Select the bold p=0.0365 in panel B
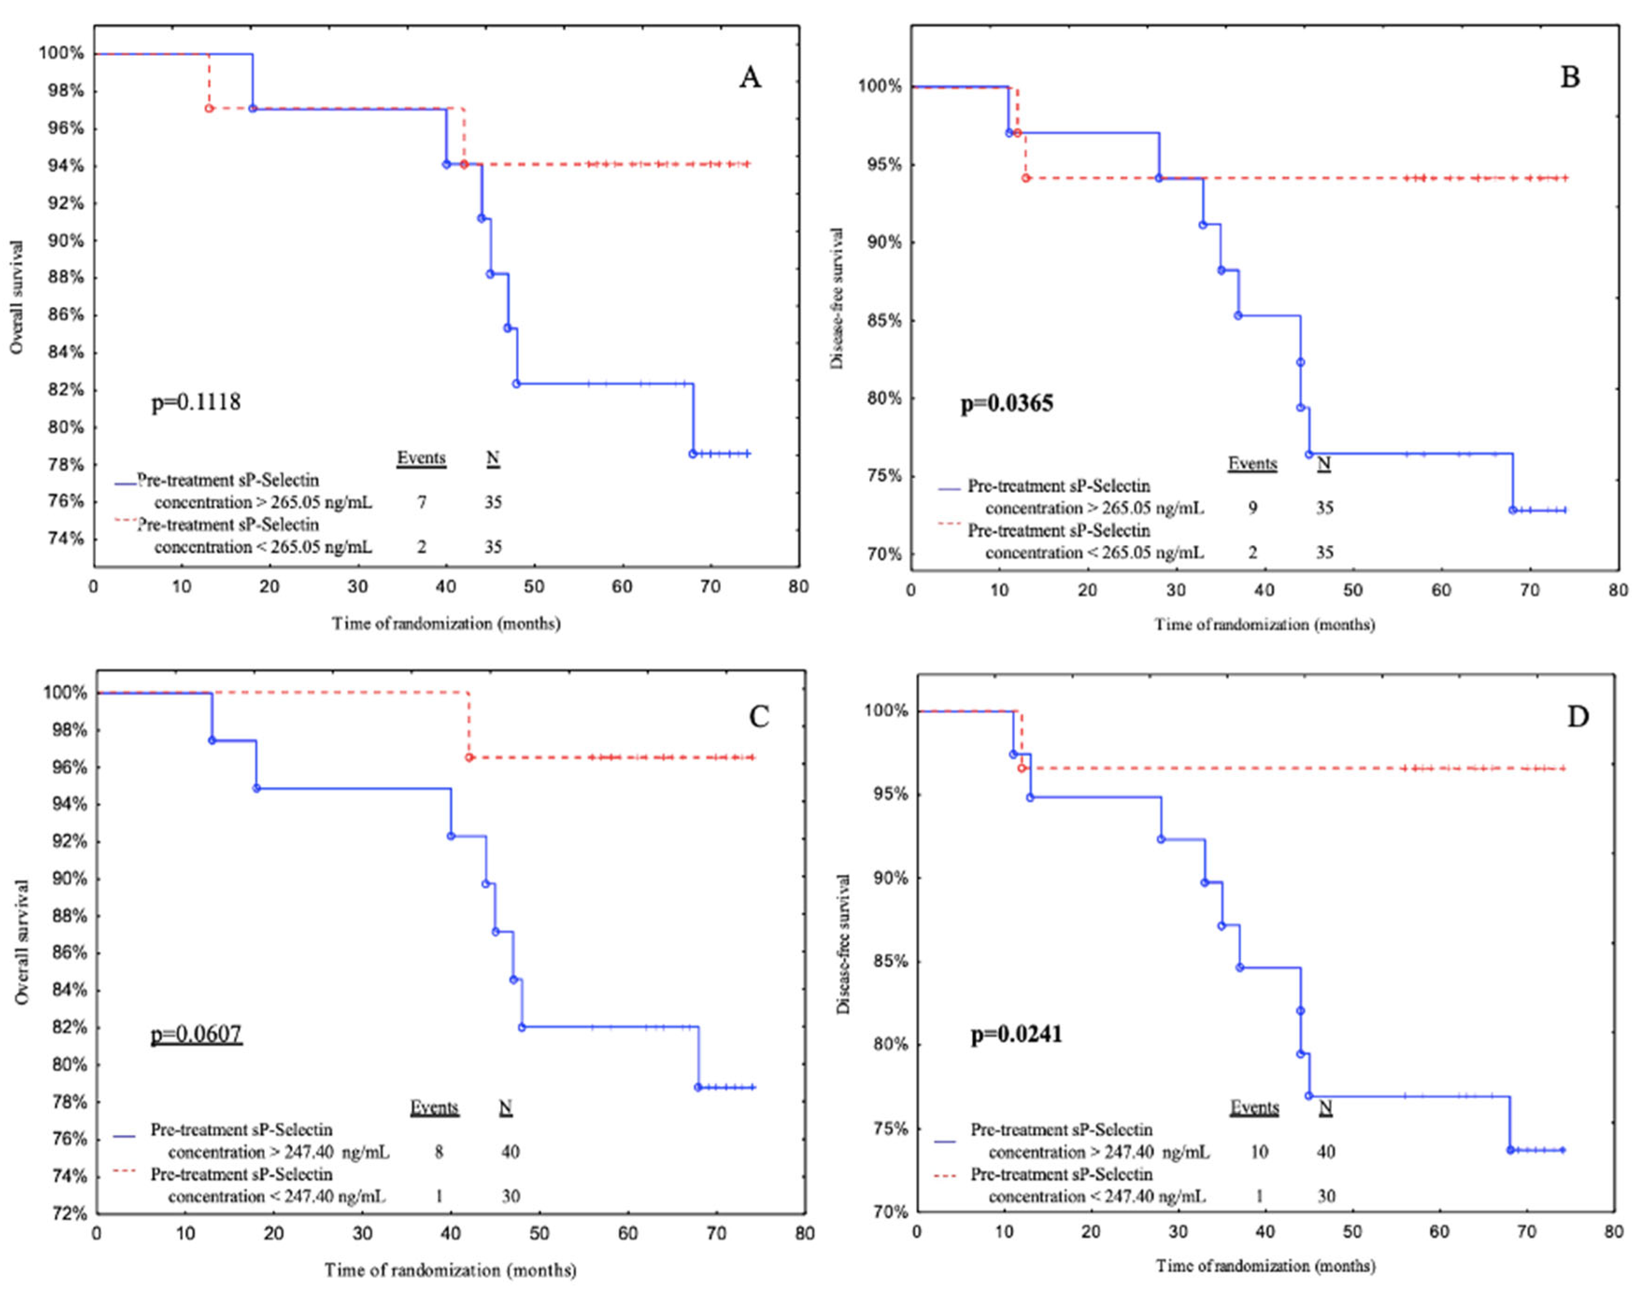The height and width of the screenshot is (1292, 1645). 1007,403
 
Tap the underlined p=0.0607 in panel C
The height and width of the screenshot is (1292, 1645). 197,1034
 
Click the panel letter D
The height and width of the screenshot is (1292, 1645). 1578,716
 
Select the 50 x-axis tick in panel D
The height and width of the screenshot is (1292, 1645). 1352,1231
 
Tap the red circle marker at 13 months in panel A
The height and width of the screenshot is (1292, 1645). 209,108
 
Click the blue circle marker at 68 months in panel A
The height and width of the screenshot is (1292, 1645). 692,454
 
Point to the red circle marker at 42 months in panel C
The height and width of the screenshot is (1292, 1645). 469,757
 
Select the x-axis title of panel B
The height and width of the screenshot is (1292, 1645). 1263,625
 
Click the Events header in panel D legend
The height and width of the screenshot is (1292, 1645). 1254,1108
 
